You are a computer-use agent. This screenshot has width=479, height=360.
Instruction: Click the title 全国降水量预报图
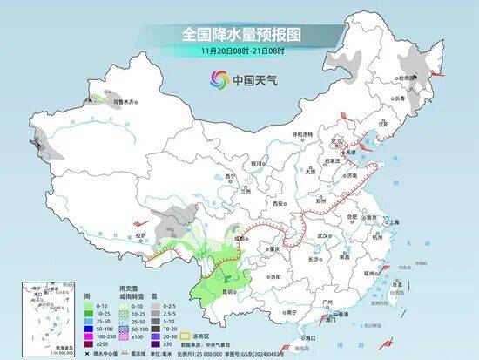click(239, 34)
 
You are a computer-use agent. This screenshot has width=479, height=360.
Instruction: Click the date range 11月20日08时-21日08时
click(239, 51)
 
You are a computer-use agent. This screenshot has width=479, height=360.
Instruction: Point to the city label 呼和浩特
click(301, 134)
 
